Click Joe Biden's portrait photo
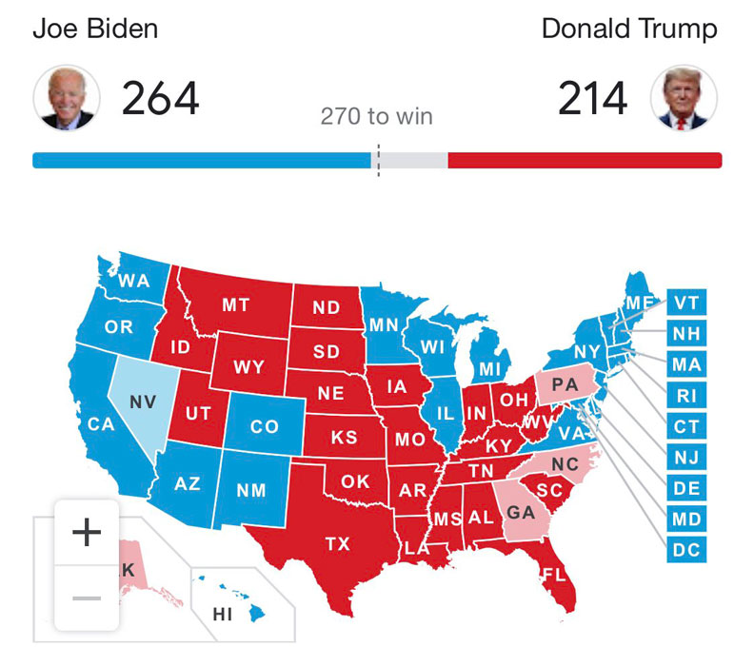[x=66, y=99]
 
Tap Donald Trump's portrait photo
[x=683, y=99]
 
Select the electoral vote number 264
[x=160, y=99]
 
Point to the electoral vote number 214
[x=593, y=99]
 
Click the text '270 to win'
[x=376, y=117]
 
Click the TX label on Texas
[x=337, y=544]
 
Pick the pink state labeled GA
[x=520, y=512]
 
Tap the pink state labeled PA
[x=565, y=385]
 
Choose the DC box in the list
[x=685, y=549]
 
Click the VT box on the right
[x=685, y=303]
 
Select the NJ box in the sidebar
[x=685, y=458]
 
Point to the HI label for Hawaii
[x=222, y=615]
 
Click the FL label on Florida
[x=552, y=575]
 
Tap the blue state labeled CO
[x=264, y=427]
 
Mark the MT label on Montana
[x=236, y=305]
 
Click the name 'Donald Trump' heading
[x=629, y=29]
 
